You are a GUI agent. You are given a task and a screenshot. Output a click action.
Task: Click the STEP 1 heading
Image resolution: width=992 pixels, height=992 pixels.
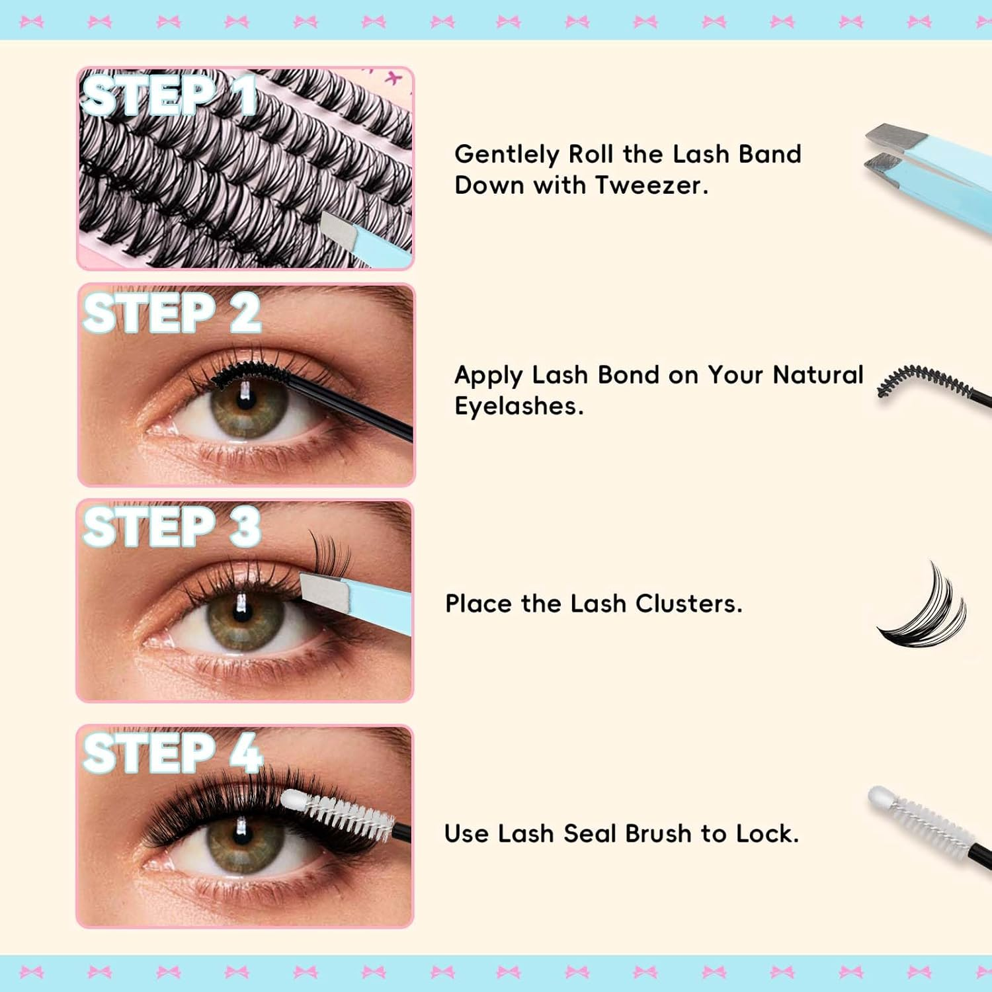(x=169, y=96)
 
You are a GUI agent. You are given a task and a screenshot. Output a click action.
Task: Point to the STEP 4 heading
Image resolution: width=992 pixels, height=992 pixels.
(x=173, y=753)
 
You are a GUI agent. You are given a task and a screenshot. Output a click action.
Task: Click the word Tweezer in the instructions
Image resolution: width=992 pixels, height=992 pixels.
(x=651, y=185)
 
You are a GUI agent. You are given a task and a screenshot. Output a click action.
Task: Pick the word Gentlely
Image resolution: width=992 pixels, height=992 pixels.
(x=507, y=155)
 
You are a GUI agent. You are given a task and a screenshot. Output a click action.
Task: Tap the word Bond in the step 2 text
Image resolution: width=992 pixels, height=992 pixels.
(x=628, y=375)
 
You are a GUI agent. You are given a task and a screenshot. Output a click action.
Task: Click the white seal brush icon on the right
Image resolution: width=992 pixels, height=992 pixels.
(x=926, y=820)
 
